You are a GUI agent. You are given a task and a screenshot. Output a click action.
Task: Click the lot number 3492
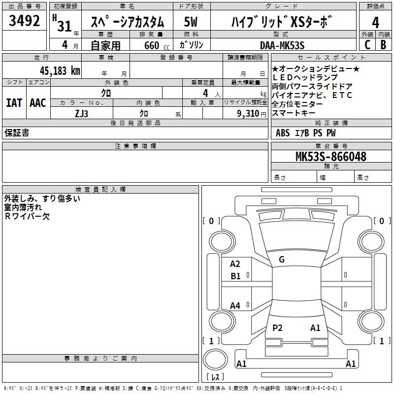point(25,22)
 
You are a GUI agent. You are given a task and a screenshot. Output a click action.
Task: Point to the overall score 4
point(375,23)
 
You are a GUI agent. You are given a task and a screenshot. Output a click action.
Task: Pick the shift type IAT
point(14,102)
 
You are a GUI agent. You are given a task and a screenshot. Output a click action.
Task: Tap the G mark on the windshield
point(282,260)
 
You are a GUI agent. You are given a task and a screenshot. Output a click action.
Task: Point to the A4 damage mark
point(235,306)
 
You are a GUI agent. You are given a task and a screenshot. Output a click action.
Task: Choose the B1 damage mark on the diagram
point(235,276)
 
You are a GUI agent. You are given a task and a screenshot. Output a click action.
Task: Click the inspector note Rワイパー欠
point(27,216)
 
